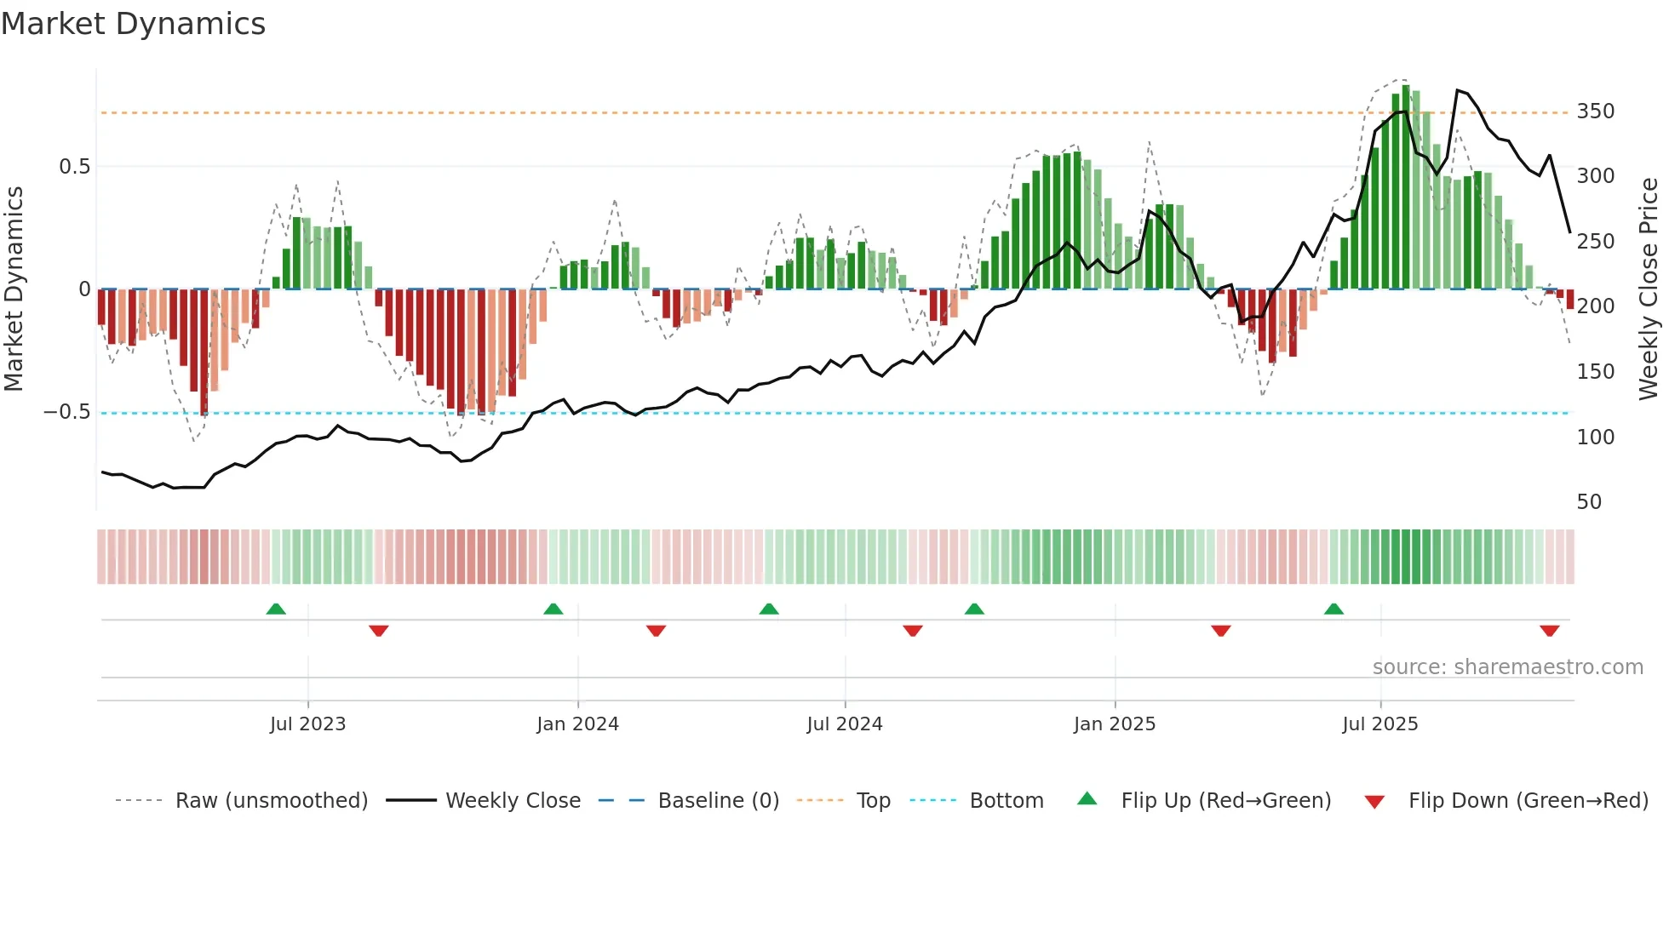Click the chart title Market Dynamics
(x=133, y=24)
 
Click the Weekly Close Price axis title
(x=1649, y=289)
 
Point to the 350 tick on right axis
(x=1595, y=112)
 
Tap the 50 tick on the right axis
(x=1589, y=502)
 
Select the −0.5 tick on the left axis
(x=67, y=412)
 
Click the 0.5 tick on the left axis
(x=74, y=167)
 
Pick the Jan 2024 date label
(x=577, y=724)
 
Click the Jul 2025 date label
(x=1379, y=724)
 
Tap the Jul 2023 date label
(x=307, y=724)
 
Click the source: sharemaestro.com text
(x=1507, y=667)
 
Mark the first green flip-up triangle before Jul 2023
(x=276, y=609)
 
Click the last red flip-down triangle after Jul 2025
(x=1549, y=631)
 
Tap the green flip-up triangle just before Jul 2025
(x=1333, y=609)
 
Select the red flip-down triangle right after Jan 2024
(x=656, y=631)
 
